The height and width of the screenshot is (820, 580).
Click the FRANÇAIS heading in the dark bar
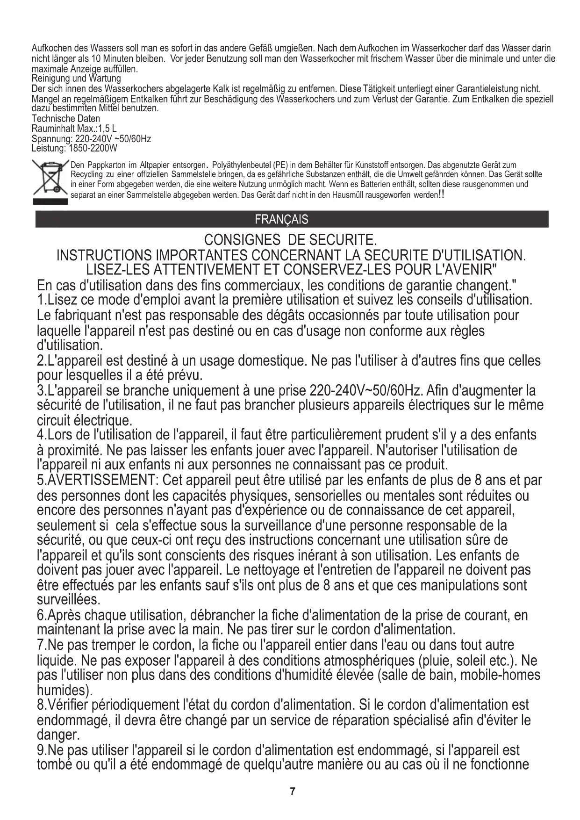pyautogui.click(x=281, y=220)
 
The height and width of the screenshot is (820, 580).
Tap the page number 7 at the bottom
pyautogui.click(x=293, y=791)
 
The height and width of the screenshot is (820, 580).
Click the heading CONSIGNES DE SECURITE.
pyautogui.click(x=290, y=240)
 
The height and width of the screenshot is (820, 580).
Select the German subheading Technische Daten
pyautogui.click(x=66, y=119)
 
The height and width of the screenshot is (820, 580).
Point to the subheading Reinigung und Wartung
pyautogui.click(x=76, y=79)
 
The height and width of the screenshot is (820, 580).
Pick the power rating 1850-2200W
pyautogui.click(x=93, y=149)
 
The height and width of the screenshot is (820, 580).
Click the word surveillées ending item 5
pyautogui.click(x=67, y=599)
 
